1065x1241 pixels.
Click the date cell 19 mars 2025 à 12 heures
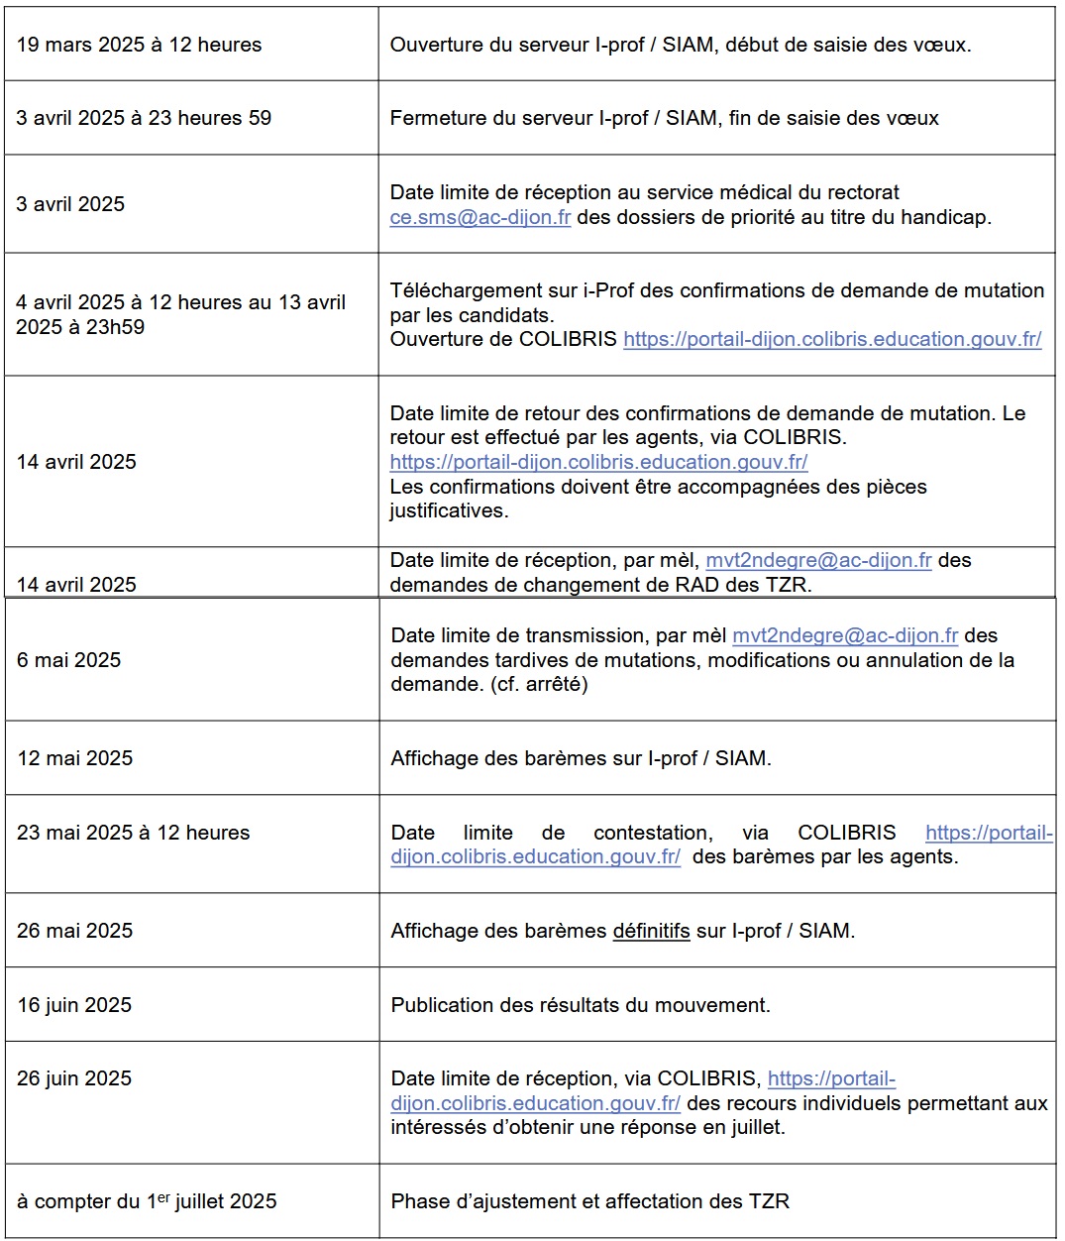click(139, 45)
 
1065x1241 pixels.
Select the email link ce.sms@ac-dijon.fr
click(480, 217)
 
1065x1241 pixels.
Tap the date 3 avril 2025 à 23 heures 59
click(144, 118)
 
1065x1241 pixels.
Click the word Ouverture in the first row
click(432, 45)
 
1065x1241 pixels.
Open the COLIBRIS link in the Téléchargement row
click(832, 339)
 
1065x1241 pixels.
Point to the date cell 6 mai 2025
click(68, 660)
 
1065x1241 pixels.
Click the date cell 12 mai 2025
click(74, 758)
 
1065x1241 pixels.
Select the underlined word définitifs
click(651, 931)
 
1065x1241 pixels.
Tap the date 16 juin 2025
click(74, 1005)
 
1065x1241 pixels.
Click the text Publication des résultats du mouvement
click(581, 1005)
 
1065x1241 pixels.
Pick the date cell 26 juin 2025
click(74, 1078)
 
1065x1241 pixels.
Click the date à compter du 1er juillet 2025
click(147, 1201)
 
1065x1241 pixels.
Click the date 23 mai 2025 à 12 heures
click(134, 833)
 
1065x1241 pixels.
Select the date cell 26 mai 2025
click(74, 931)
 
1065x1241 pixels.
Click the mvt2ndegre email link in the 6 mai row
click(845, 635)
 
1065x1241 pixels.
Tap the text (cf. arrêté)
click(539, 684)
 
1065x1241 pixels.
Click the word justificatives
click(448, 510)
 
